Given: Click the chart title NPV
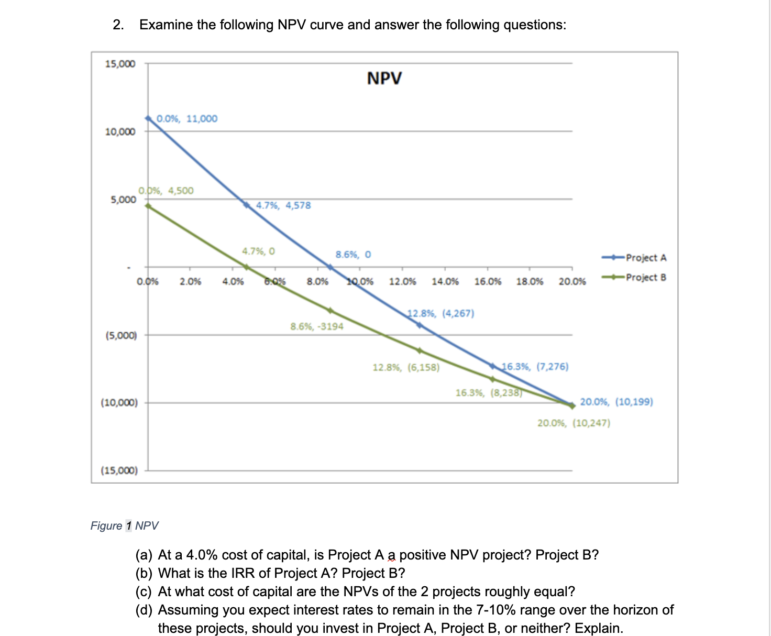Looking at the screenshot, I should click(384, 78).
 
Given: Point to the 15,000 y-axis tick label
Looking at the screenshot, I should click(120, 64).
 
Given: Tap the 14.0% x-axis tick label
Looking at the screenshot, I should click(445, 282).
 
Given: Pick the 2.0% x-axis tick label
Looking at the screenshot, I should click(190, 282).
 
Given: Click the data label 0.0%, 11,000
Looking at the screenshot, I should click(187, 118).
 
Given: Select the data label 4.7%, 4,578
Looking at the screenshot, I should click(283, 205).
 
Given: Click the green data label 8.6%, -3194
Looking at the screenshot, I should click(317, 326).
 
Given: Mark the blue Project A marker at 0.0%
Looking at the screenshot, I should click(148, 118).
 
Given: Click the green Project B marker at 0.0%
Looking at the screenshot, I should click(148, 206).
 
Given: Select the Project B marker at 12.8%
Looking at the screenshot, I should click(419, 350).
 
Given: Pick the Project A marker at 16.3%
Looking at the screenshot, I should click(492, 365).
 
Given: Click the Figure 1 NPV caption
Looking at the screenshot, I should click(124, 525).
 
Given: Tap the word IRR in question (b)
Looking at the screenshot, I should click(244, 573).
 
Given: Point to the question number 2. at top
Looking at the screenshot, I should click(119, 25).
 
